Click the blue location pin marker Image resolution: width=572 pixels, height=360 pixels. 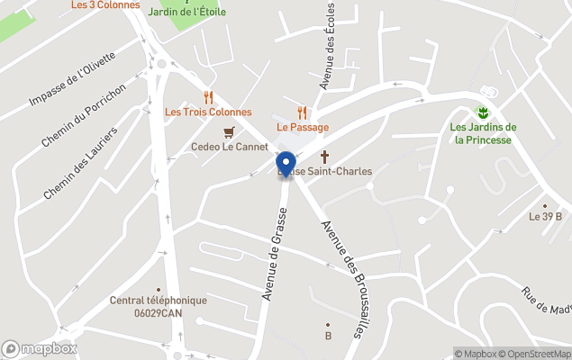pyautogui.click(x=286, y=163)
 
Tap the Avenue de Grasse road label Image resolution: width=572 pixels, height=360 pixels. pyautogui.click(x=275, y=253)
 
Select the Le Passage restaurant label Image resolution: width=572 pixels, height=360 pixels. pyautogui.click(x=303, y=127)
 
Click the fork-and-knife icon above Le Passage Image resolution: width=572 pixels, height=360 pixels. pyautogui.click(x=303, y=112)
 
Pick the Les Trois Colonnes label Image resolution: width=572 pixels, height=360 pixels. pyautogui.click(x=208, y=112)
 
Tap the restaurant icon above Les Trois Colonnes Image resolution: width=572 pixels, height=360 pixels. pyautogui.click(x=208, y=97)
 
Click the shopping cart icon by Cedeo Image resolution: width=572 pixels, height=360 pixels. pyautogui.click(x=229, y=131)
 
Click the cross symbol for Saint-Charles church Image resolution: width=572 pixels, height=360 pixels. pyautogui.click(x=325, y=157)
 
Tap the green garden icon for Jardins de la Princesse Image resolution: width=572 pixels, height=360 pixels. pyautogui.click(x=483, y=112)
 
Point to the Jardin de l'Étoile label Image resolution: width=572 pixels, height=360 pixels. pyautogui.click(x=186, y=12)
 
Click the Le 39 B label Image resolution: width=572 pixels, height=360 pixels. pyautogui.click(x=545, y=216)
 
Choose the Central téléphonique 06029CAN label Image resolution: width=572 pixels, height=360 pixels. pyautogui.click(x=159, y=306)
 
